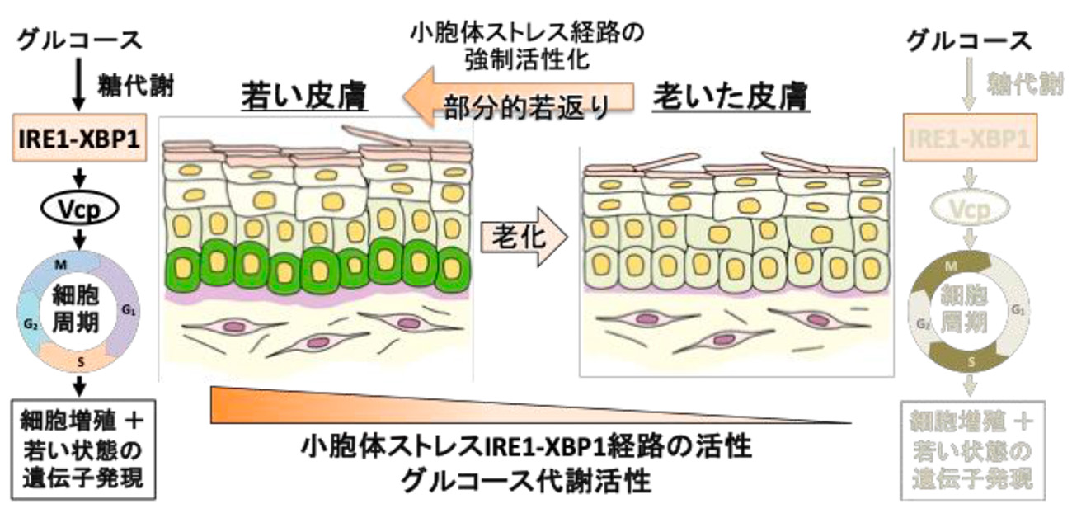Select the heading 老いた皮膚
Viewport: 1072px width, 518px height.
[x=731, y=98]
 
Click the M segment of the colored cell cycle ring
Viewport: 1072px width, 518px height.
[x=63, y=266]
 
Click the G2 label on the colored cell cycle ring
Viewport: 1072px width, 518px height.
[x=31, y=323]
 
